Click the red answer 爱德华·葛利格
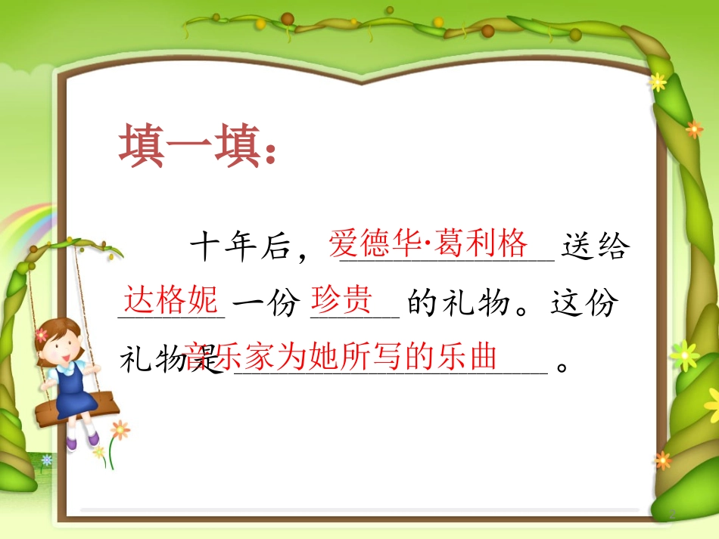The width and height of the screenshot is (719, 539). click(x=428, y=243)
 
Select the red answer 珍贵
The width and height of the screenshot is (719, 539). click(x=342, y=300)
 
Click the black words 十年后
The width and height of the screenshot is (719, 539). click(x=240, y=248)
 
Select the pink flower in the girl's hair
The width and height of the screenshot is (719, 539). click(x=41, y=334)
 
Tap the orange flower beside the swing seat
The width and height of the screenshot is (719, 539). click(x=120, y=430)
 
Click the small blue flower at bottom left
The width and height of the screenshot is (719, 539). click(x=47, y=459)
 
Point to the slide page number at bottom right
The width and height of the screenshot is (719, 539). click(x=669, y=514)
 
